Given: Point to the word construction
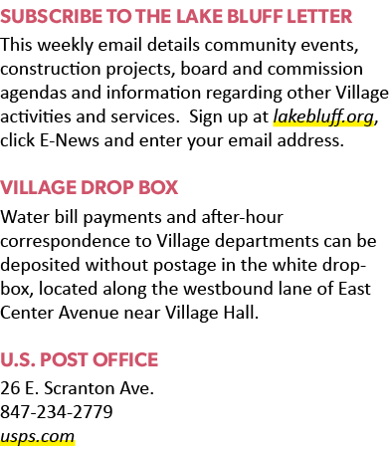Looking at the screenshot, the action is [x=51, y=69].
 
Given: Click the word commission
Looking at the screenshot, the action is [x=315, y=69].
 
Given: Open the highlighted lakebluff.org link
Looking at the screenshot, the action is [x=323, y=117].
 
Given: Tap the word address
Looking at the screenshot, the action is [x=310, y=140].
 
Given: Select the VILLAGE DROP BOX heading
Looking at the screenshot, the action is [x=89, y=187].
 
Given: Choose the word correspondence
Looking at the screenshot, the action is [x=65, y=242].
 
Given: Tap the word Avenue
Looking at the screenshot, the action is [x=89, y=313].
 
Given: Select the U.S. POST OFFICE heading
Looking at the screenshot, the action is [x=79, y=359].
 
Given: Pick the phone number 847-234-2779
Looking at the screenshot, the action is [x=57, y=412].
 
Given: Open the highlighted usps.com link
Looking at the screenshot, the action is [x=37, y=437].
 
